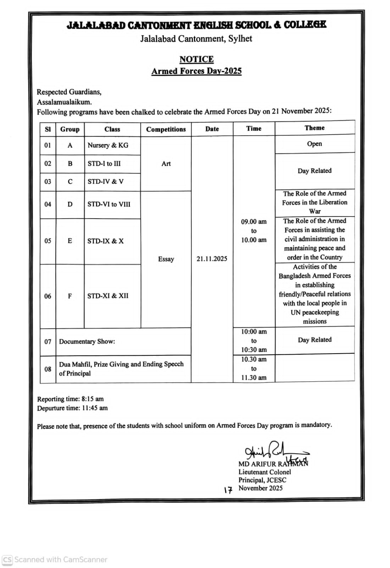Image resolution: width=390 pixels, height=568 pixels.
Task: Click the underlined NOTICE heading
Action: coord(196,59)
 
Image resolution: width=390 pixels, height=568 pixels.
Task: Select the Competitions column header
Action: coord(166,129)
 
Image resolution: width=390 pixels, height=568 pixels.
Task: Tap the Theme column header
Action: coord(314,128)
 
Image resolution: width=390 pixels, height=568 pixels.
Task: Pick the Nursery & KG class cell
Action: coord(108,145)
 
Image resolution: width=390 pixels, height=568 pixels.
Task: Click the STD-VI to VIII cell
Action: coord(109,204)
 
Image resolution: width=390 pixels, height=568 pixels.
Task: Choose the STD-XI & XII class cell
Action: coord(108,296)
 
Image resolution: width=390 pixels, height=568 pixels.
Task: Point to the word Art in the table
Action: coord(166,164)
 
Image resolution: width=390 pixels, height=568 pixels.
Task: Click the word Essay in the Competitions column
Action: coord(166,259)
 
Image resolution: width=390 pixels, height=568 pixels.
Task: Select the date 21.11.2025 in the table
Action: coord(212,259)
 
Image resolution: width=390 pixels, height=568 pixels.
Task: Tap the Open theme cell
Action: coord(314,144)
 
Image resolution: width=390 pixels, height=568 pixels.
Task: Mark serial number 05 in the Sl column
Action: coord(48,241)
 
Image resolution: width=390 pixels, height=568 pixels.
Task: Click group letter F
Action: coord(70,296)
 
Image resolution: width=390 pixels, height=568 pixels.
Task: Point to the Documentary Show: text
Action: coord(87,342)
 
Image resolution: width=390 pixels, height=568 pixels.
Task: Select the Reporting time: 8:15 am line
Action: coord(70,399)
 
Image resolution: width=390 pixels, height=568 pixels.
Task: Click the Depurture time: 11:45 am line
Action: coord(72,408)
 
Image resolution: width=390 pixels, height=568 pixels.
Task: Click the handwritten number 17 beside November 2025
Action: coord(228,490)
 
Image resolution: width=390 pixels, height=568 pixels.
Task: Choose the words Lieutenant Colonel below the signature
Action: coord(264,472)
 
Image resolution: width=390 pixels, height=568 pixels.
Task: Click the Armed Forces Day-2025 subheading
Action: coord(196,71)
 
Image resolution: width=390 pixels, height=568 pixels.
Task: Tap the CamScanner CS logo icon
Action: coord(7,560)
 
